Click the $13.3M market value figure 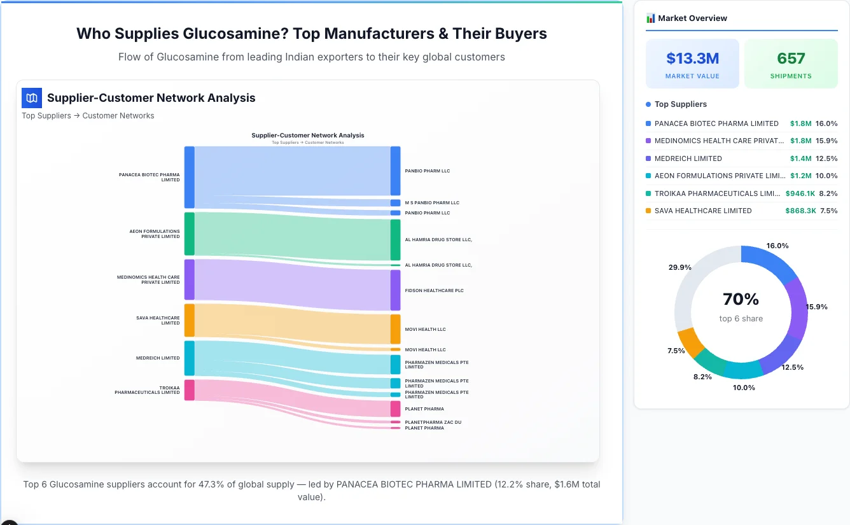pos(692,59)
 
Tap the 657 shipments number pos(791,59)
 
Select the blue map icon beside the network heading pos(31,98)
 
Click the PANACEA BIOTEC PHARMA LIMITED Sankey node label pos(149,177)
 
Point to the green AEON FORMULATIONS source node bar pos(189,234)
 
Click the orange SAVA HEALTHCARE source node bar pos(189,320)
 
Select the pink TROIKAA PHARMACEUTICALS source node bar pos(189,389)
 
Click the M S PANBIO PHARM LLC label pos(431,203)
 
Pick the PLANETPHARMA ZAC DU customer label pos(433,422)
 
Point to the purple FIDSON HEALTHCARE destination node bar pos(395,290)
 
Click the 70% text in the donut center pos(741,299)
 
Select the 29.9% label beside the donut pos(679,268)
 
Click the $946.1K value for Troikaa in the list pos(800,193)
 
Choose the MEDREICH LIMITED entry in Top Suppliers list pos(688,158)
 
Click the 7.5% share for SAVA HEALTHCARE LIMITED pos(828,211)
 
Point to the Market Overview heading pos(692,18)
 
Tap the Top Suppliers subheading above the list pos(680,104)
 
